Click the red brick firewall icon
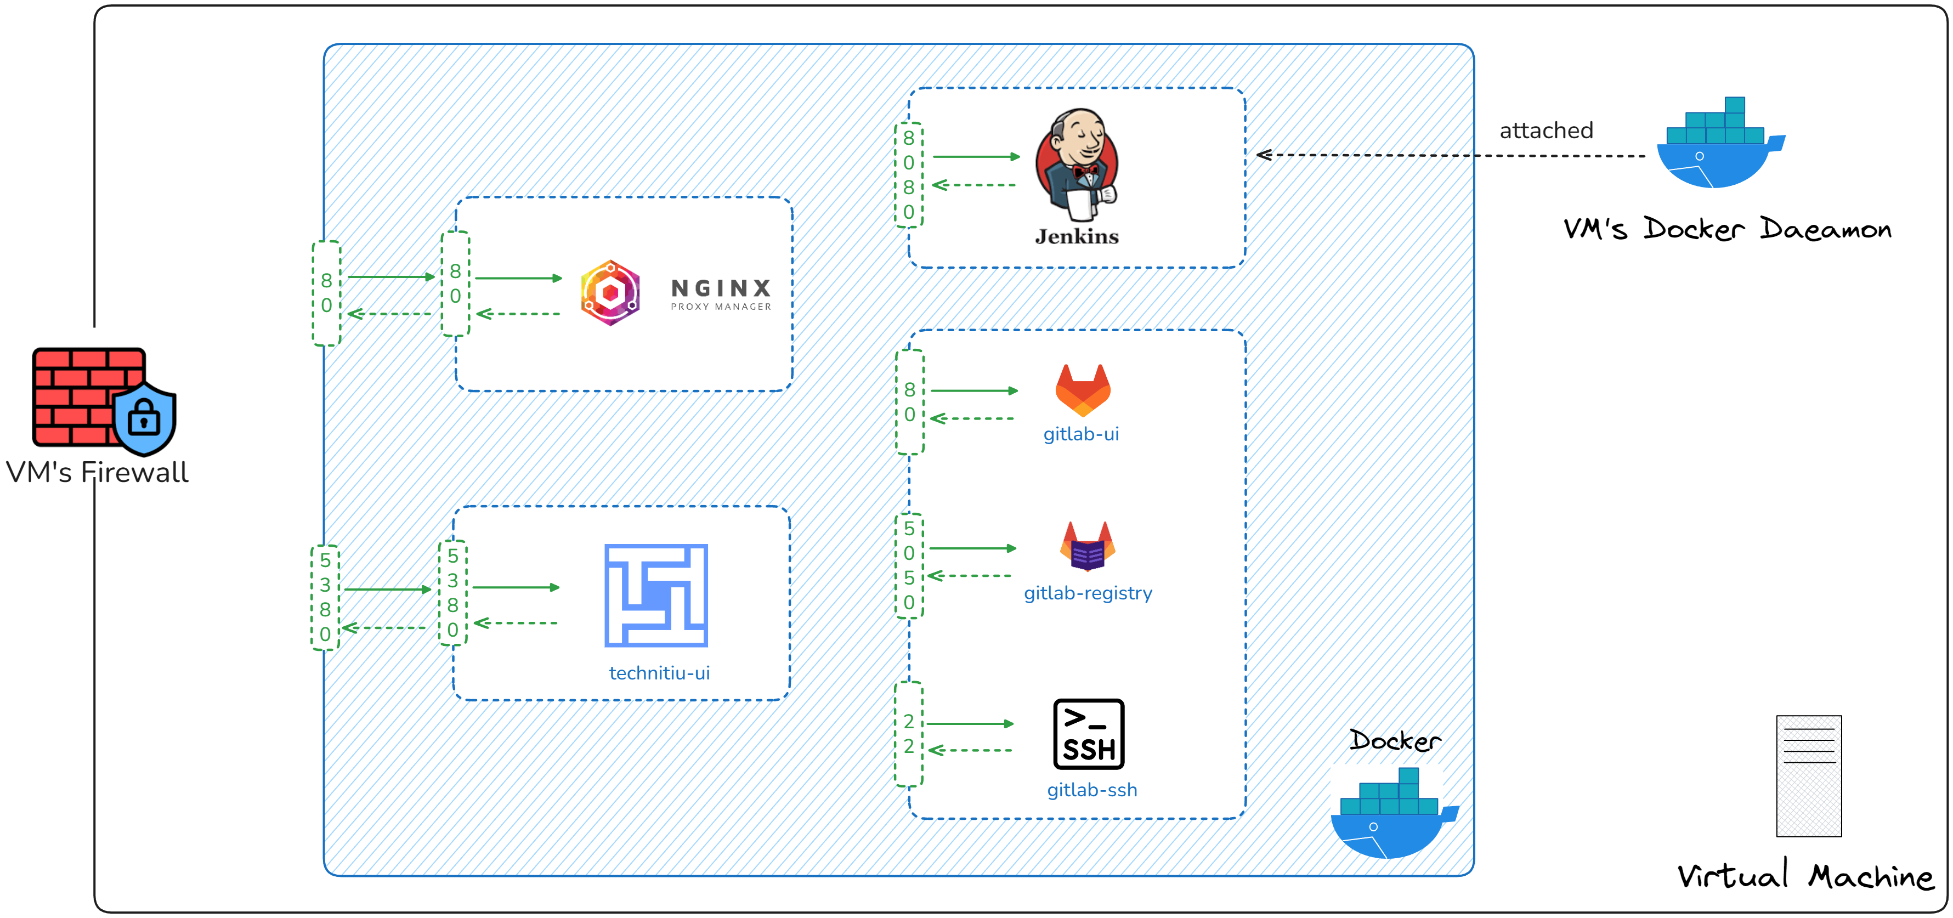(87, 396)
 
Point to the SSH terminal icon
(1089, 734)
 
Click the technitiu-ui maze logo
(656, 595)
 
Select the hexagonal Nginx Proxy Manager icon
(610, 293)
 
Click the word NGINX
(720, 288)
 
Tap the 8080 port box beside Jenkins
(908, 175)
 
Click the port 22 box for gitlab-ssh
(908, 734)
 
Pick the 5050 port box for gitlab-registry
(908, 565)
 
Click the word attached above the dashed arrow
(1546, 131)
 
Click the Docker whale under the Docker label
(1392, 815)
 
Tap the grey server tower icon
(1808, 775)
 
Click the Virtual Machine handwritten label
(1804, 876)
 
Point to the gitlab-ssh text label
(1092, 790)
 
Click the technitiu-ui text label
(659, 673)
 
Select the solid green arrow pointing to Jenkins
(976, 157)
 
